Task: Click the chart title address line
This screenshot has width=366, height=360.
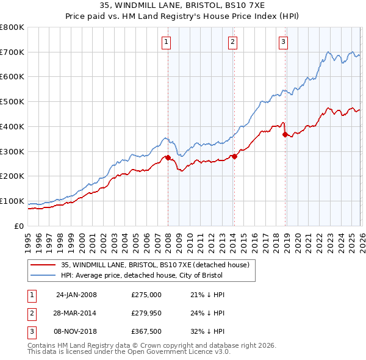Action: (x=183, y=5)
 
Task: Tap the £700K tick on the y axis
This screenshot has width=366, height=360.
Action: (x=12, y=52)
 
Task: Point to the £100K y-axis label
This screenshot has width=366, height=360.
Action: (x=12, y=201)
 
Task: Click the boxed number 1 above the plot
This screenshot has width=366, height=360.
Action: (x=167, y=41)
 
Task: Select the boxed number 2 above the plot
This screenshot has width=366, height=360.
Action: (x=233, y=41)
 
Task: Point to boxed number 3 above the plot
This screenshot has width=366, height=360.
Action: (x=284, y=41)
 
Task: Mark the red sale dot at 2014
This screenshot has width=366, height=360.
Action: (x=234, y=156)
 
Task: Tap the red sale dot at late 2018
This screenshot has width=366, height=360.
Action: (x=284, y=135)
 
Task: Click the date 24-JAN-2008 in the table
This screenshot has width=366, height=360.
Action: (x=76, y=295)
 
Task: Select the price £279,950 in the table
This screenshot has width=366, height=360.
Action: (x=146, y=313)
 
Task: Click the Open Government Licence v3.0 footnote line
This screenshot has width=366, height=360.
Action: (x=129, y=352)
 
